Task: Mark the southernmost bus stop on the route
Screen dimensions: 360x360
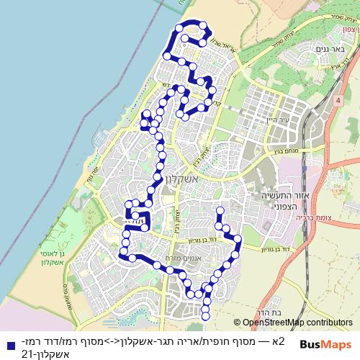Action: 205,315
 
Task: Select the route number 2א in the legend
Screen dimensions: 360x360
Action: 280,341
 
